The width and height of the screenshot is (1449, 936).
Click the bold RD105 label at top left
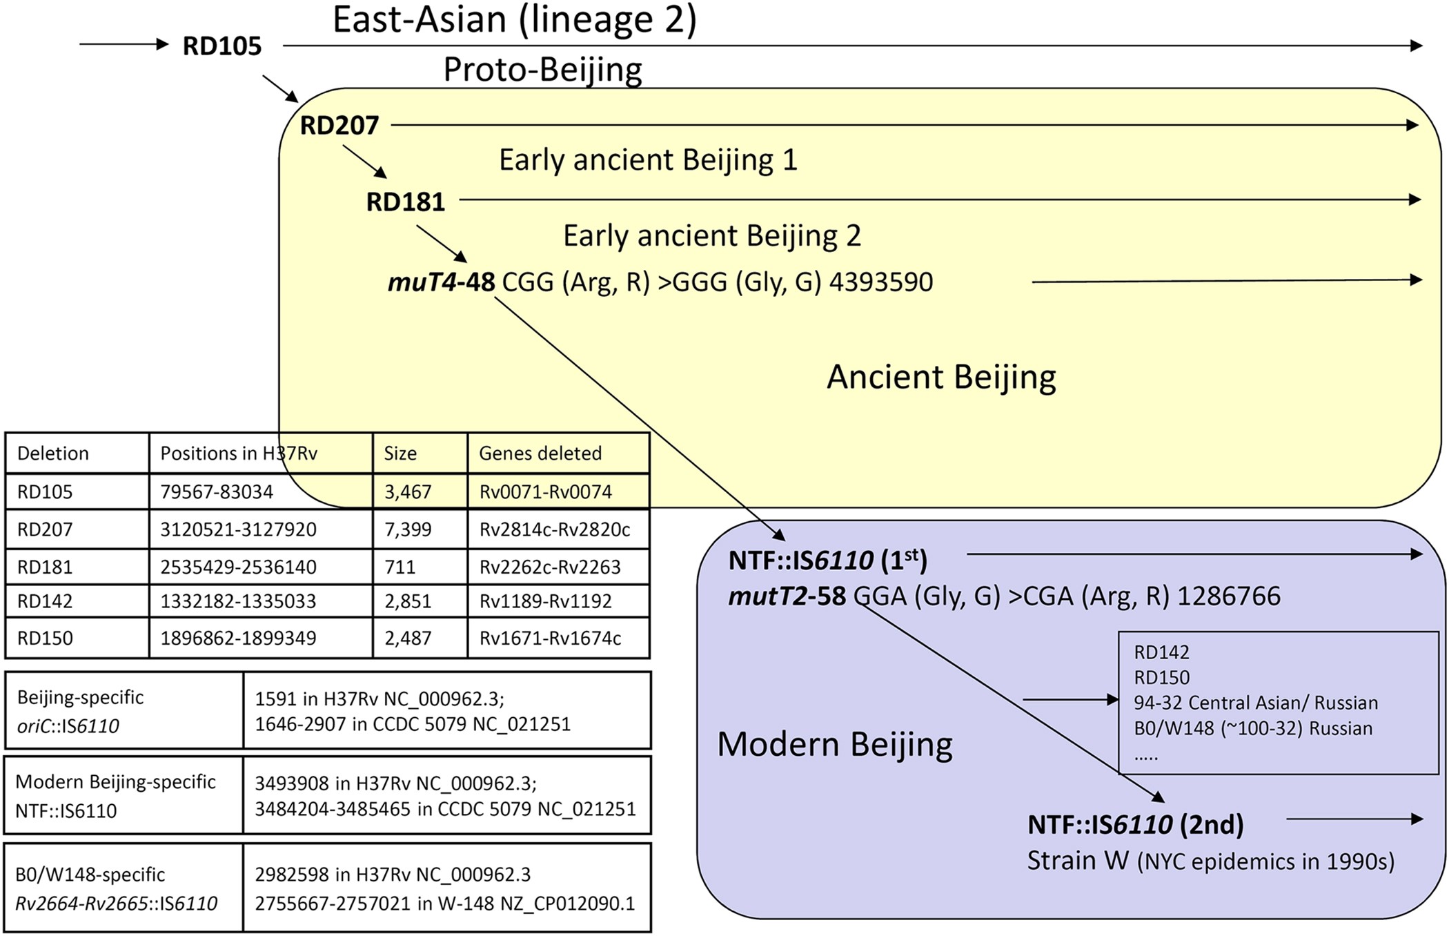(x=221, y=46)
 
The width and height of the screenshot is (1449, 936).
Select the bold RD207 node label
(x=339, y=126)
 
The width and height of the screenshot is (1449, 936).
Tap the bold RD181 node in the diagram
(x=405, y=202)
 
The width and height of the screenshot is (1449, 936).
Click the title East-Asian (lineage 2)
(x=515, y=19)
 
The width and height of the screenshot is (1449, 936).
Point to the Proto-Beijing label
(x=542, y=70)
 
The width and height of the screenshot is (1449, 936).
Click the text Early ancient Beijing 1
(x=648, y=160)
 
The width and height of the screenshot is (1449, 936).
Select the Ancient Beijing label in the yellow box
(x=941, y=377)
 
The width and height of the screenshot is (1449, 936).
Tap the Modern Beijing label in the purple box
(x=835, y=744)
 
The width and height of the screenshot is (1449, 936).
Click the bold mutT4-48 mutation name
(x=442, y=282)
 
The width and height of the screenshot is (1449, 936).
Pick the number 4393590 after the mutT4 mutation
(x=881, y=282)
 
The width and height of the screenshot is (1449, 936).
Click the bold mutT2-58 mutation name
(x=787, y=596)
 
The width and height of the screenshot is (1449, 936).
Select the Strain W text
(x=1078, y=861)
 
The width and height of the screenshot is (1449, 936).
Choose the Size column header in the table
(x=400, y=454)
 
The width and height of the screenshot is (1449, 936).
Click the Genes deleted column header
(x=540, y=454)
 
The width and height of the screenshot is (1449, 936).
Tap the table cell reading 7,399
(x=408, y=529)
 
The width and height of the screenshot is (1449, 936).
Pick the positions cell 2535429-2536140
(x=238, y=567)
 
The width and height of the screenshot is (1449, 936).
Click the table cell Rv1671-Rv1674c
(x=550, y=638)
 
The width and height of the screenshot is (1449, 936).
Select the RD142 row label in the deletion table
(x=45, y=601)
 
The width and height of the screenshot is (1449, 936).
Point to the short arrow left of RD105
(x=124, y=45)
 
